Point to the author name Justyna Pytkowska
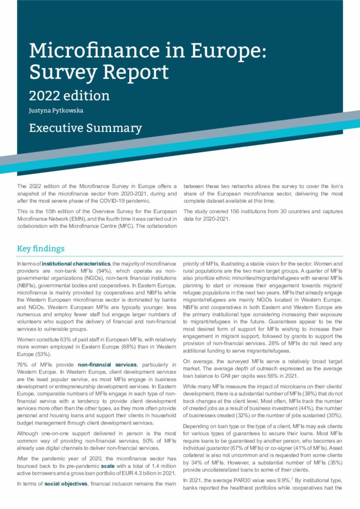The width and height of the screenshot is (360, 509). coord(56,110)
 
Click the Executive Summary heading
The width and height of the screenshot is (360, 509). coord(86,128)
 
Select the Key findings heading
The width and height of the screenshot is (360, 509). coord(41,249)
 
